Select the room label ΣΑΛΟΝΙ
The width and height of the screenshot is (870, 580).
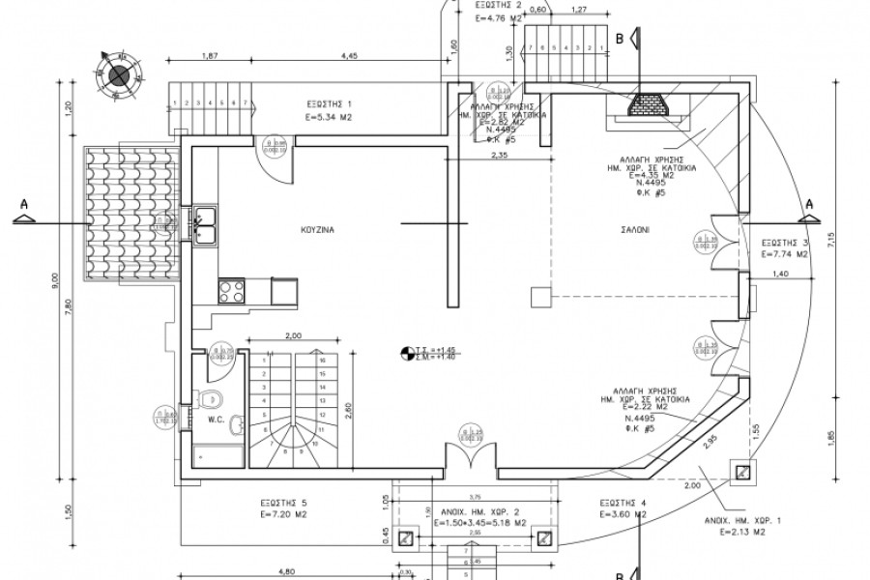pos(635,231)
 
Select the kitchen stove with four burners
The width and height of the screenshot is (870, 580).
pos(232,289)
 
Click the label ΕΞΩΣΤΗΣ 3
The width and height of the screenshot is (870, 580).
pos(784,243)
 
